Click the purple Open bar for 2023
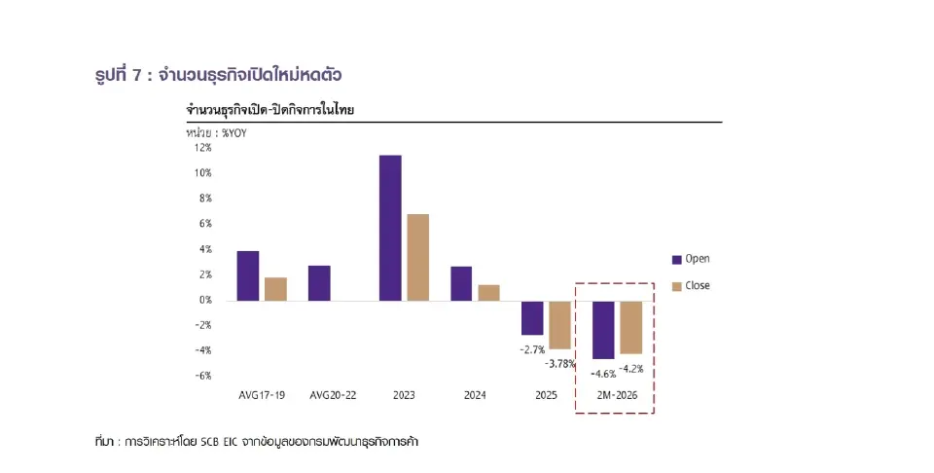pos(390,228)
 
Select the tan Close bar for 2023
pos(417,257)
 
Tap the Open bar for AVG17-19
pos(248,275)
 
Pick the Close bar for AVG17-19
pos(275,289)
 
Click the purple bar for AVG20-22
pos(319,283)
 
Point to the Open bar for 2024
pos(461,283)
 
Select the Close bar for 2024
pos(488,292)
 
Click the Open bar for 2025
pos(532,317)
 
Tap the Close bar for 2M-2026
pos(631,327)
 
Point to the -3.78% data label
pos(560,363)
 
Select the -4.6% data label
pos(602,372)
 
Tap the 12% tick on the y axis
pos(202,148)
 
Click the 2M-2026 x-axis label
pos(616,396)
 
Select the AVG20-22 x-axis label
pos(332,396)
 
